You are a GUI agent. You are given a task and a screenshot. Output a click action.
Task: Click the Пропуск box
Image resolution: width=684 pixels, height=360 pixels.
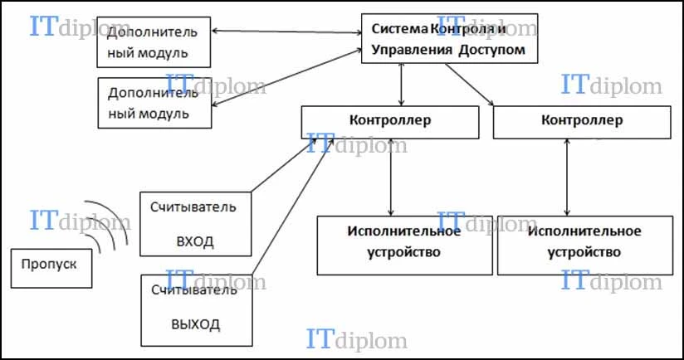click(51, 269)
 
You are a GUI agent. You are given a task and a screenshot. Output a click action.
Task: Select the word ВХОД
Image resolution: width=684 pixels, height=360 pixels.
click(195, 241)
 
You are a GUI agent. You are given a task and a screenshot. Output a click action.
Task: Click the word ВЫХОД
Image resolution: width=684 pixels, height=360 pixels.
click(195, 324)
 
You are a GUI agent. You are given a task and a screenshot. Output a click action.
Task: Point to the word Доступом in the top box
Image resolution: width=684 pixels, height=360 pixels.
click(491, 50)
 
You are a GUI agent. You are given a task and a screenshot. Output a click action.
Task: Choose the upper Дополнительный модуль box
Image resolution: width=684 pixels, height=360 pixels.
click(154, 42)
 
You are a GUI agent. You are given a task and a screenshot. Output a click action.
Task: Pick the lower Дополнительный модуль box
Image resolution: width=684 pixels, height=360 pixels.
click(155, 103)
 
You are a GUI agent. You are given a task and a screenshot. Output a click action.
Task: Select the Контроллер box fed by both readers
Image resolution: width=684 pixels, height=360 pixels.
click(390, 123)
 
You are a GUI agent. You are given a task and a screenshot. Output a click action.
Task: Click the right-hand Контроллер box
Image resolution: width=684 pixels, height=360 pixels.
click(582, 123)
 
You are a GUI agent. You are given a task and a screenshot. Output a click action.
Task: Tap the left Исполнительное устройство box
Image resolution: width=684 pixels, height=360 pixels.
click(405, 246)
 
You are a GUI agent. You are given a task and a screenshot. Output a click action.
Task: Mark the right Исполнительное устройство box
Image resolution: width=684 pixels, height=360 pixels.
click(585, 246)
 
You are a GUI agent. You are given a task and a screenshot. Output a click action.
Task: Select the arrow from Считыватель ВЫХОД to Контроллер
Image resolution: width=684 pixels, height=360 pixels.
click(293, 207)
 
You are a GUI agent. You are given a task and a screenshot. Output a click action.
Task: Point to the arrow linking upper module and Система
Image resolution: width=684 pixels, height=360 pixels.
click(286, 32)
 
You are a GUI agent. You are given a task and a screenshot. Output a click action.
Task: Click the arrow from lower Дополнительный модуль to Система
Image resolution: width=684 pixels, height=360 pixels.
click(286, 78)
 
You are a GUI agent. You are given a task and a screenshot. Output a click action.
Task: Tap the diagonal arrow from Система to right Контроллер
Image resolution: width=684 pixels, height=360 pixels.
click(469, 85)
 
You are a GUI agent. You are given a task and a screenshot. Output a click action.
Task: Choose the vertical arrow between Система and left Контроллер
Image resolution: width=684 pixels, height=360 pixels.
click(401, 85)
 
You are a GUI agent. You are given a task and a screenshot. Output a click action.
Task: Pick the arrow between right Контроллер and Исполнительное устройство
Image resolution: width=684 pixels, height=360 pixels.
click(567, 178)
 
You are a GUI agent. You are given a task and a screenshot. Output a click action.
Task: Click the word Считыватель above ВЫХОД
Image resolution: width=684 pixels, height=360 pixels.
click(194, 289)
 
